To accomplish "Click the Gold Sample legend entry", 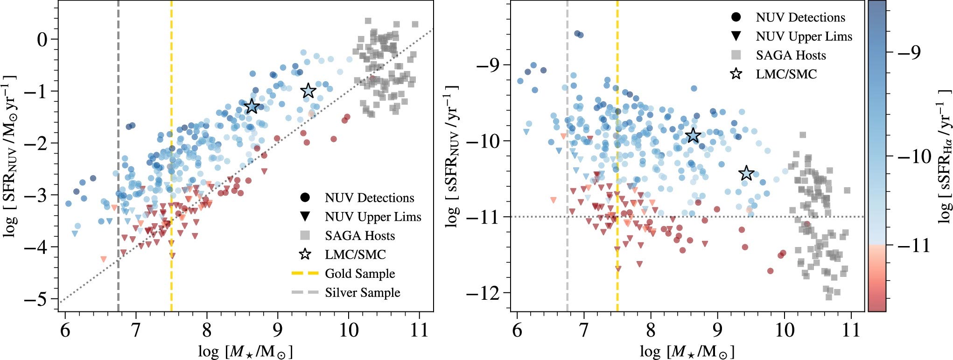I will click(359, 274).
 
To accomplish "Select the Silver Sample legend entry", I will click(362, 293).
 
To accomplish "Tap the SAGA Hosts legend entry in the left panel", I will click(359, 236).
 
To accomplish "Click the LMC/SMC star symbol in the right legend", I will click(736, 74).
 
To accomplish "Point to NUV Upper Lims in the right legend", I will click(804, 36).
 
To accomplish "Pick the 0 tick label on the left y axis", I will click(42, 39).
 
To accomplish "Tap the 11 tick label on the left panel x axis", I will click(419, 331).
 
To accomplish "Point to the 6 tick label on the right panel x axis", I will click(517, 331).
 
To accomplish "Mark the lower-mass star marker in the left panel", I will click(252, 106).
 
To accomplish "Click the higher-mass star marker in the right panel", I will click(747, 173).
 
